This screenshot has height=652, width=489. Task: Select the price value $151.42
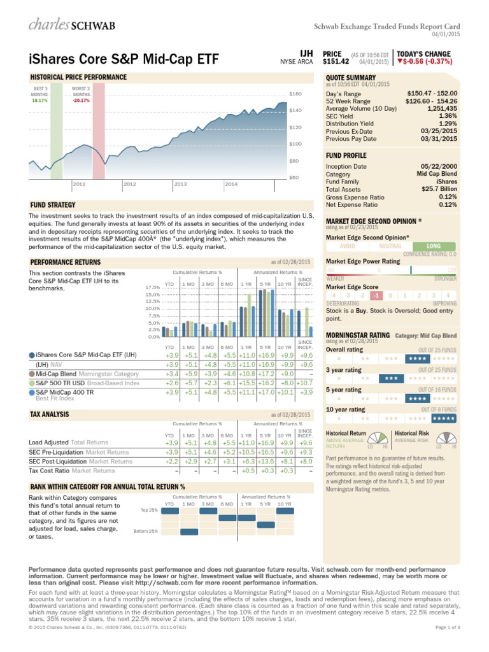336,62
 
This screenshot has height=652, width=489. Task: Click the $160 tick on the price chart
294,94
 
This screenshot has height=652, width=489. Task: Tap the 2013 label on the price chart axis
180,184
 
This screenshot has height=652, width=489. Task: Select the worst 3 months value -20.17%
81,100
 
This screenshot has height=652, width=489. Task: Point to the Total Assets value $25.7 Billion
437,190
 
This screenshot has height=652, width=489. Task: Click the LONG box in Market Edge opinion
434,245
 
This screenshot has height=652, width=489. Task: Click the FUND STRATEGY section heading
53,205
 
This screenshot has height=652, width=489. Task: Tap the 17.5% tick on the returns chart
153,288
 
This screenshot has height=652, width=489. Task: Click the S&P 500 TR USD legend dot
32,383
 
